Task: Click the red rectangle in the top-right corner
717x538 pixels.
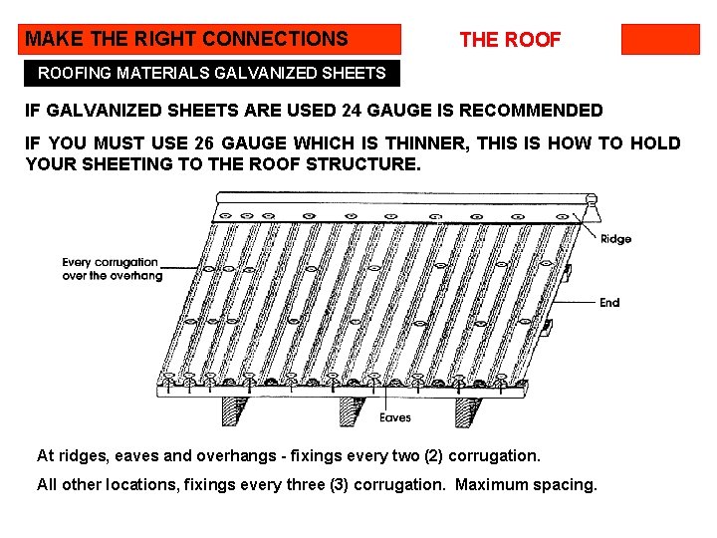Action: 660,39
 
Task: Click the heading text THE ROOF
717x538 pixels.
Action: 510,40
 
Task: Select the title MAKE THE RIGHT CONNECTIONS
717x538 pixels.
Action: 187,39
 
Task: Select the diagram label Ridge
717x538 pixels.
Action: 615,239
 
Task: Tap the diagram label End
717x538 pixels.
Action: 609,303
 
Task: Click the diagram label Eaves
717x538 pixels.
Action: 395,417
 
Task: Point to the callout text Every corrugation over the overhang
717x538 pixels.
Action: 112,269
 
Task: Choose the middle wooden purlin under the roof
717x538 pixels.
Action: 353,409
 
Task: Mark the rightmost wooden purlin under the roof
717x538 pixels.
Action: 469,409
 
